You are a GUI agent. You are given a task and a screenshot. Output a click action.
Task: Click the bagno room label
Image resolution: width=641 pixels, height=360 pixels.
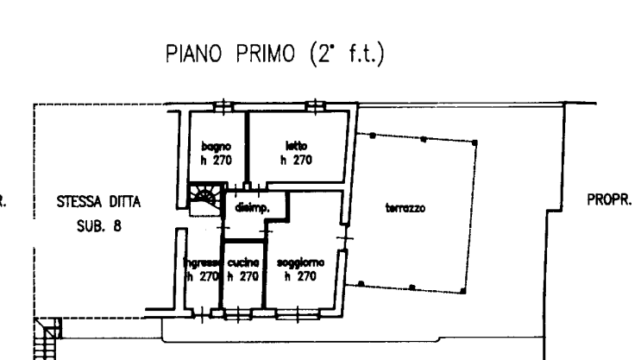click(x=216, y=146)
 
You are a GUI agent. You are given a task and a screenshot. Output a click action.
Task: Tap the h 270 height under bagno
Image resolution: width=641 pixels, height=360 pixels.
click(x=216, y=160)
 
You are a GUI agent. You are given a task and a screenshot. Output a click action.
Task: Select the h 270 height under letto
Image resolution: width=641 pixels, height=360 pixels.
click(x=296, y=160)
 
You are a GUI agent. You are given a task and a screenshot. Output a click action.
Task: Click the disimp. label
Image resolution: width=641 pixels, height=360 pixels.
click(x=249, y=208)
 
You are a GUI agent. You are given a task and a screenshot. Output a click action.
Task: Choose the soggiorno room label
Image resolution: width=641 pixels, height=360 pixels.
click(x=296, y=263)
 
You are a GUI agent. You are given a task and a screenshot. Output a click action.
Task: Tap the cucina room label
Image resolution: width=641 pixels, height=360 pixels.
click(x=242, y=263)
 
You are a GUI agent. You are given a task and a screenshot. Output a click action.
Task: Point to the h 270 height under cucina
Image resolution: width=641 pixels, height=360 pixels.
click(x=242, y=277)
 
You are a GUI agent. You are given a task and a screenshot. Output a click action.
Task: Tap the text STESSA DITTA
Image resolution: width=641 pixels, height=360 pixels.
click(x=98, y=204)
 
